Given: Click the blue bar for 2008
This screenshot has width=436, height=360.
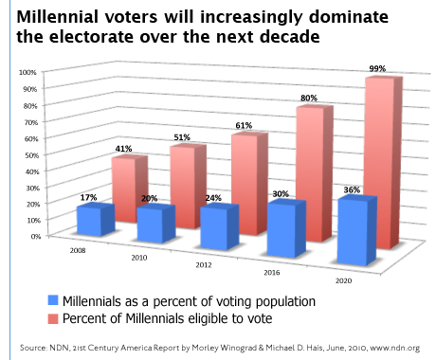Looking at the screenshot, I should (94, 221).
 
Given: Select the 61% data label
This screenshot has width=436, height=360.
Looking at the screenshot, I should (245, 126).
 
